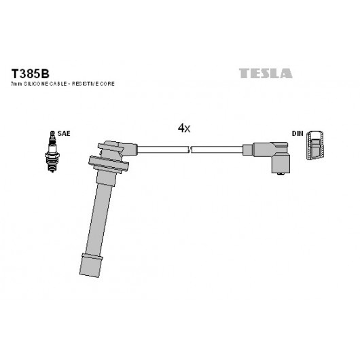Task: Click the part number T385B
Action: [31, 74]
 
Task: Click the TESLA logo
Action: [266, 73]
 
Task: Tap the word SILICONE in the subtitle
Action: [36, 84]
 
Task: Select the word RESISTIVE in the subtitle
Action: [85, 84]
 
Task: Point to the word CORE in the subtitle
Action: [107, 84]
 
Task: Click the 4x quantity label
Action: [184, 128]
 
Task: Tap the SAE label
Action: [64, 133]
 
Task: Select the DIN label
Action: [298, 133]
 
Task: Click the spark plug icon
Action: [52, 151]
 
